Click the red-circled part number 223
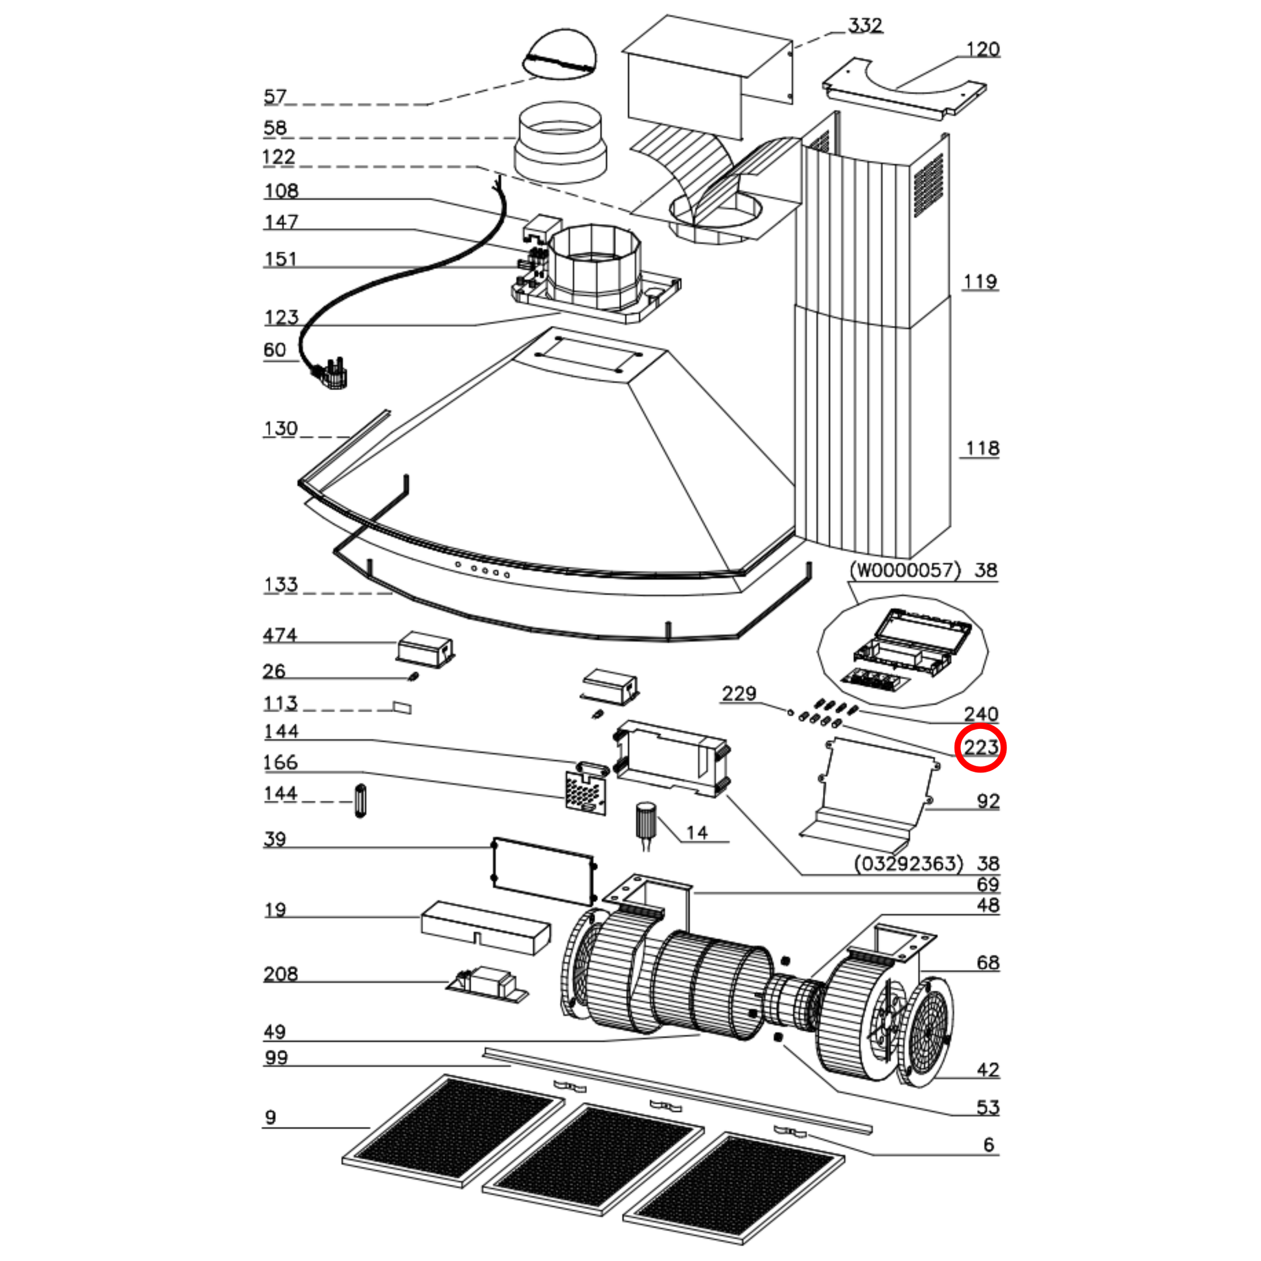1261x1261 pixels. point(980,747)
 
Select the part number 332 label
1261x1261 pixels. point(865,25)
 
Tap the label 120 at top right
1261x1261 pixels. point(982,50)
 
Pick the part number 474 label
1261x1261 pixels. point(279,635)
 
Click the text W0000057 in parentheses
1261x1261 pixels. point(905,570)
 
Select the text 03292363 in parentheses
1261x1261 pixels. point(908,864)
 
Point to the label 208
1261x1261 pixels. point(281,974)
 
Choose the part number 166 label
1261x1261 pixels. point(280,762)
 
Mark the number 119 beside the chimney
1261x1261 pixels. point(980,282)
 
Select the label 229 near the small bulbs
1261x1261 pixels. point(739,693)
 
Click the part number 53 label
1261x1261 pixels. point(988,1107)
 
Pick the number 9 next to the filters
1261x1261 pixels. point(271,1118)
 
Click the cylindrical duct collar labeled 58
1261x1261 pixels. point(560,142)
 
